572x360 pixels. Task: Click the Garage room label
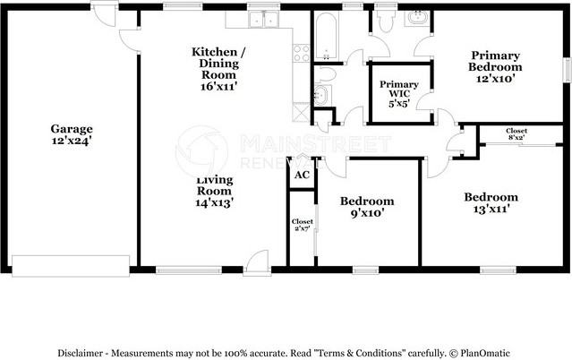click(x=72, y=129)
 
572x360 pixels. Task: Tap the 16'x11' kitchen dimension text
click(x=219, y=87)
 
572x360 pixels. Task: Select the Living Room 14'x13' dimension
click(x=214, y=202)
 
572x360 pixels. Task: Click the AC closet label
click(x=302, y=175)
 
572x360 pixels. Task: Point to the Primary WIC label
click(x=398, y=89)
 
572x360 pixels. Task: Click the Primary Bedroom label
click(x=495, y=61)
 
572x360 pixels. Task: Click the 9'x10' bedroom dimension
click(x=367, y=213)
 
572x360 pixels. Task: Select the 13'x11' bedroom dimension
click(x=491, y=210)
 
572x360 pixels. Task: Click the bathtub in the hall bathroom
click(x=326, y=36)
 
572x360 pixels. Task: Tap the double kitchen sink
click(x=263, y=20)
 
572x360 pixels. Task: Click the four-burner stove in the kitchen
click(x=302, y=54)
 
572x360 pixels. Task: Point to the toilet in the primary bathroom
click(x=386, y=20)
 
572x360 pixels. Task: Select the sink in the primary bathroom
click(x=417, y=18)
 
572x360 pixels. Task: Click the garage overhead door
click(x=71, y=266)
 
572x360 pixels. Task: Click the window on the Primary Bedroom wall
click(x=568, y=69)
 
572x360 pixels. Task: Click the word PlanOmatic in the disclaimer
click(x=485, y=354)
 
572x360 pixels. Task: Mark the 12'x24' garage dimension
click(x=72, y=141)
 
